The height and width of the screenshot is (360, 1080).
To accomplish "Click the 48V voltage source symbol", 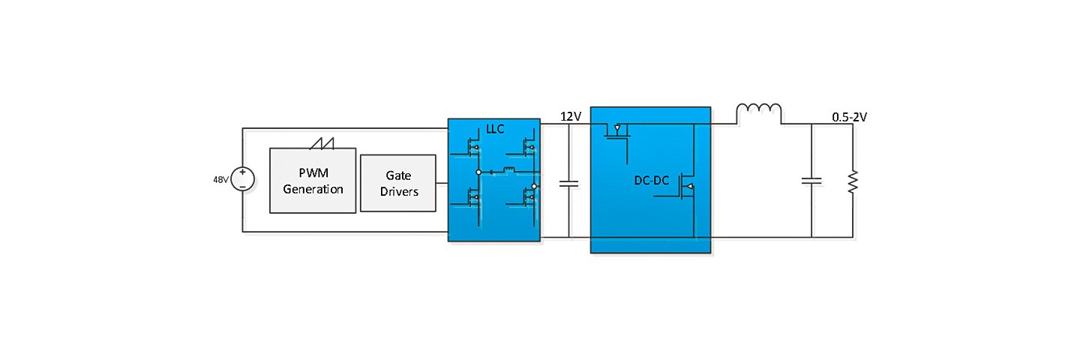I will point(243,180).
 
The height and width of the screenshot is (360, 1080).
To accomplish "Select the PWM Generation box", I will point(313,181).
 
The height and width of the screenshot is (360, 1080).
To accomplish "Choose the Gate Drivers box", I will point(397,183).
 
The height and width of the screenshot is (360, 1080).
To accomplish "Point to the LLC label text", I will point(494,130).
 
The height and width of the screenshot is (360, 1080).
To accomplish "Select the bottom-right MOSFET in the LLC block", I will point(529,198).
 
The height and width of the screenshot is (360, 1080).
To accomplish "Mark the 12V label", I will point(571,116).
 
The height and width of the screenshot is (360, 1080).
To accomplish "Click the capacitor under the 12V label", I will point(569,182).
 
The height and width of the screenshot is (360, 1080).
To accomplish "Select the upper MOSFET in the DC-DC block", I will point(617,132).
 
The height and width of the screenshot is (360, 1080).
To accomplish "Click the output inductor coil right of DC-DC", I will point(759,113).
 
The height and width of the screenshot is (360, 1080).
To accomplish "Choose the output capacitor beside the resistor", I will point(811,180).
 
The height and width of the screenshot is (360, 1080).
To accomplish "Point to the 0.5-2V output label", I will point(850,117).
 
